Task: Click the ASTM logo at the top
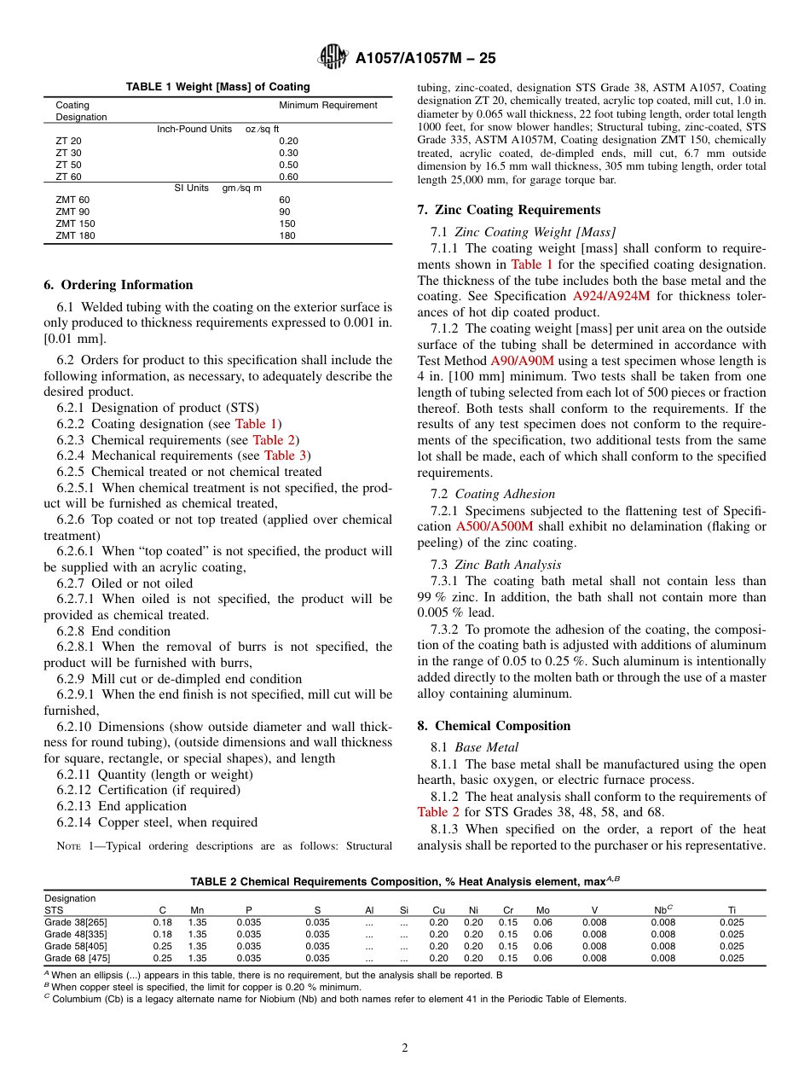tap(333, 57)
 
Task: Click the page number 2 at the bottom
tap(405, 1048)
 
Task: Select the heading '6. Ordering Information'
tap(119, 285)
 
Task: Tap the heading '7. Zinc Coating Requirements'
tap(508, 210)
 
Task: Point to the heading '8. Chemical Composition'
tap(492, 726)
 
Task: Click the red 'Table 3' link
tap(286, 455)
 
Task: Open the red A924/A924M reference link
tap(610, 296)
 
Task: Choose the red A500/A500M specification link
tap(495, 526)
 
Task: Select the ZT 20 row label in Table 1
tap(69, 141)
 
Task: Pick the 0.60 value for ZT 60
tap(289, 177)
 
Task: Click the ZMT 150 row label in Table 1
tap(75, 223)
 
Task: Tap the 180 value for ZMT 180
tap(287, 235)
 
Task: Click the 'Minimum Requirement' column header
tap(327, 105)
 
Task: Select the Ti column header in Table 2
tap(731, 910)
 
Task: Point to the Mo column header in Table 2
tap(542, 910)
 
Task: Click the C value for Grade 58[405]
tap(162, 946)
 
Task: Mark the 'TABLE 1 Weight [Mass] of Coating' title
tap(217, 87)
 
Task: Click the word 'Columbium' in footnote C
tap(78, 999)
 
